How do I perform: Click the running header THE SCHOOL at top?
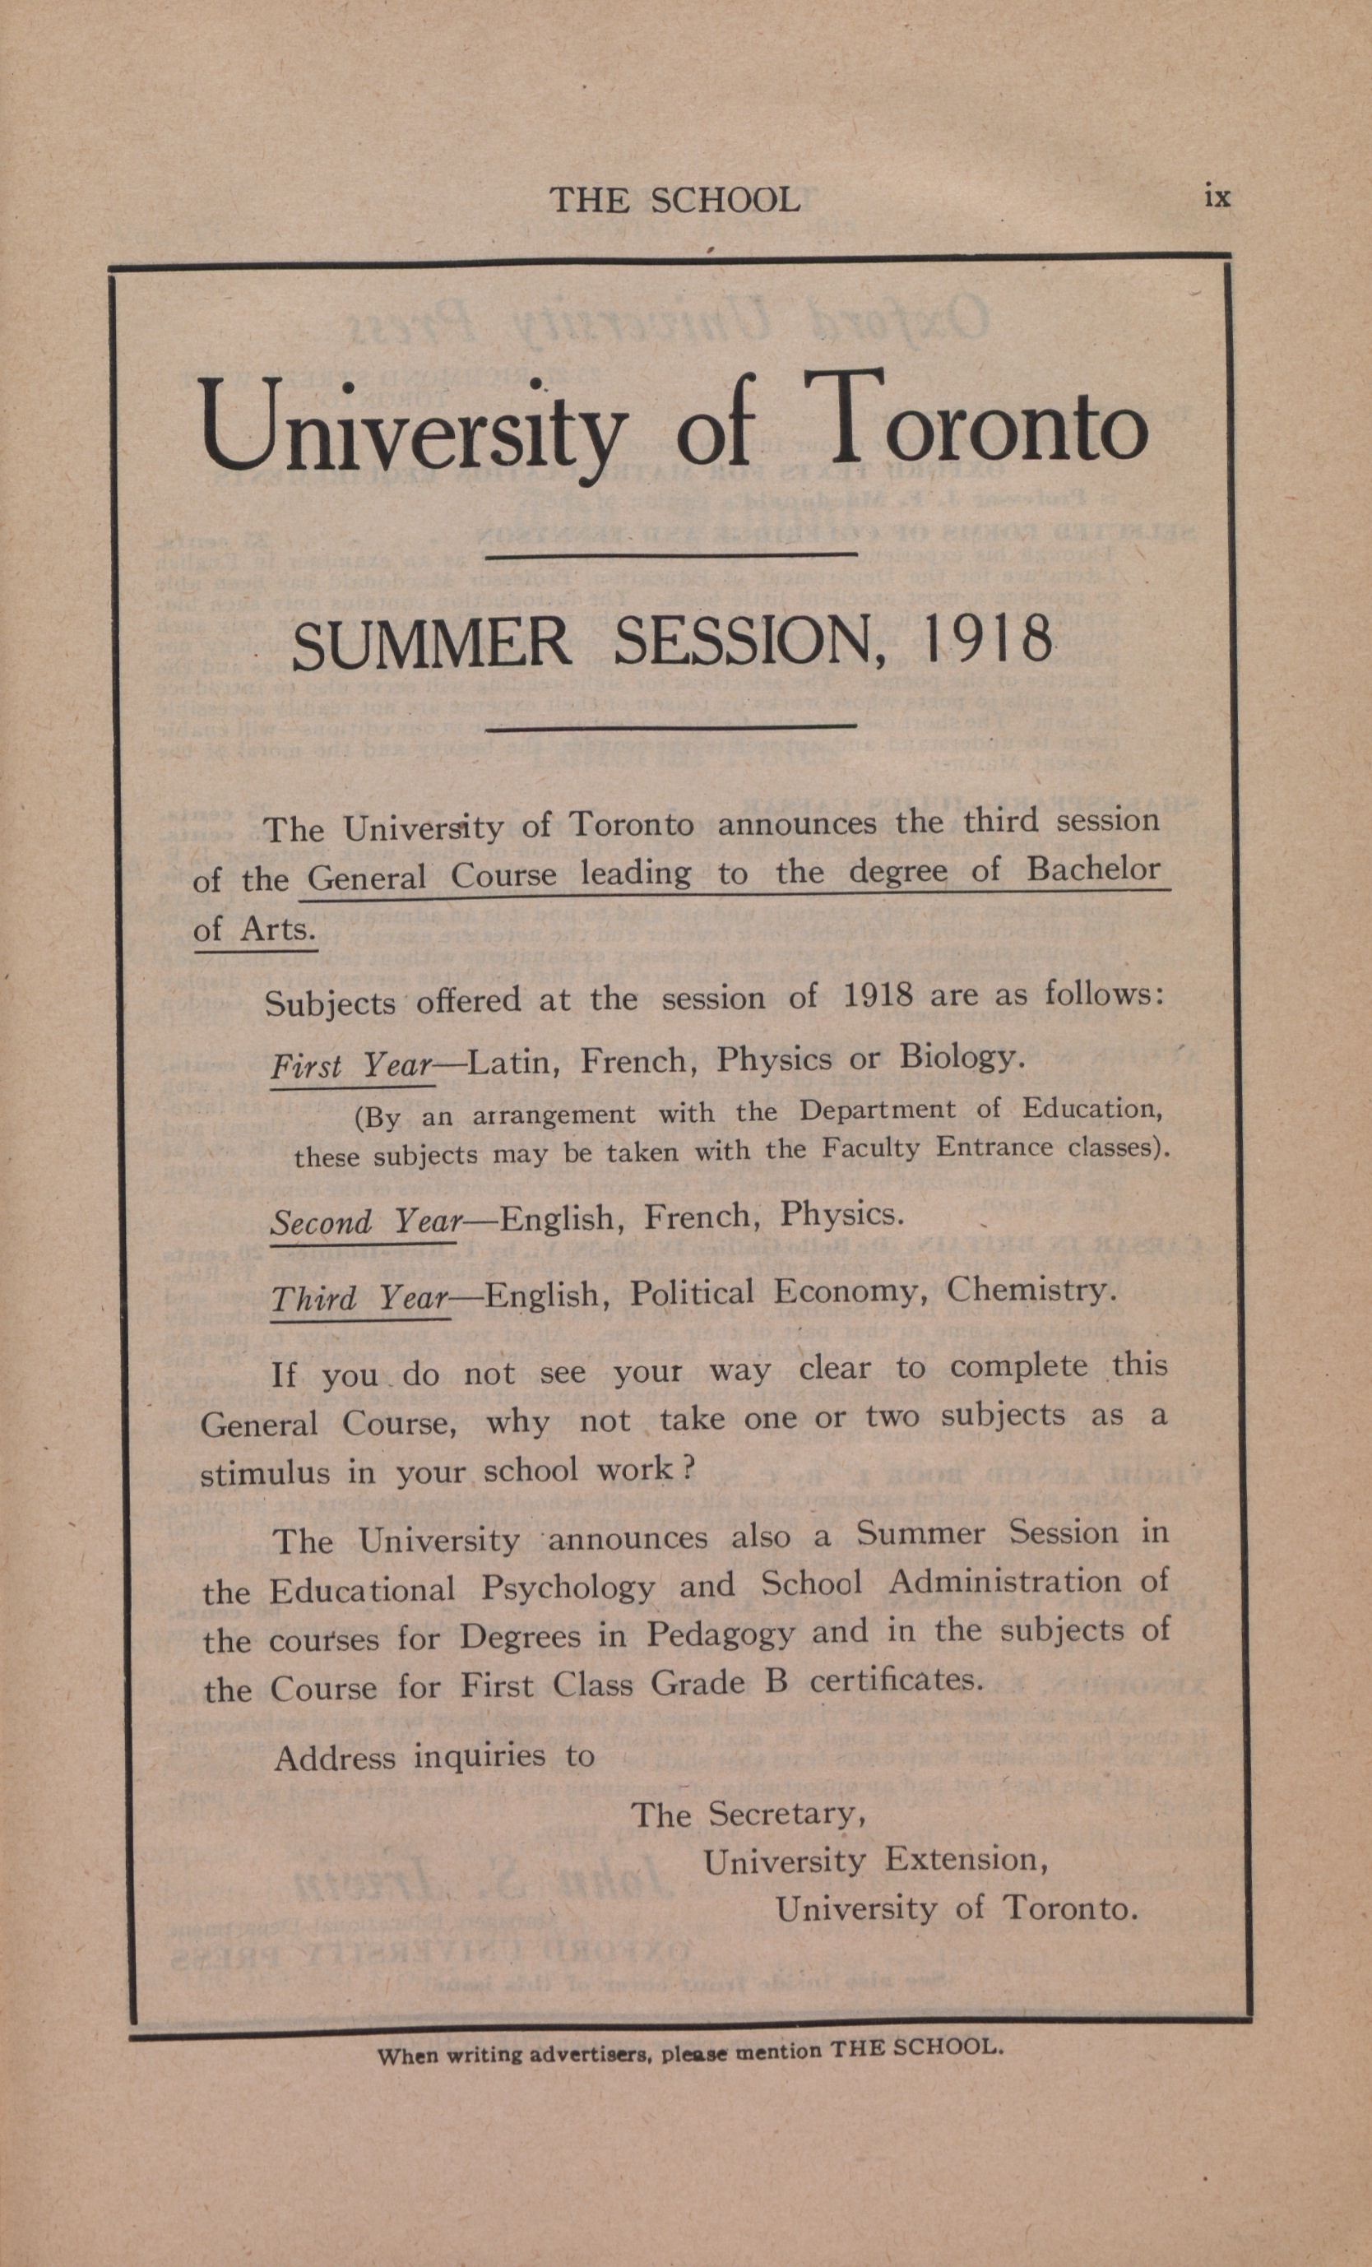(674, 201)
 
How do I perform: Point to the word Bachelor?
(1093, 869)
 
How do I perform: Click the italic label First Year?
(351, 1065)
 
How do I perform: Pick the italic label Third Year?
(359, 1298)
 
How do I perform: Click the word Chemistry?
(1031, 1289)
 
